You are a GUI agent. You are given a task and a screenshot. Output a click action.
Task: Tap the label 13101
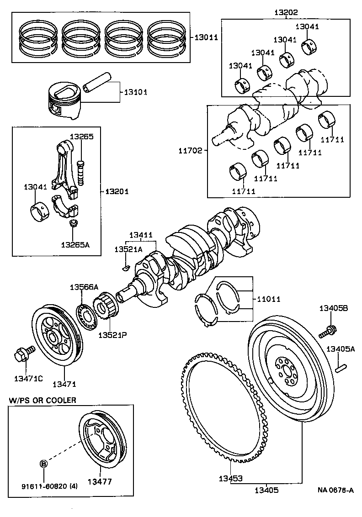135,92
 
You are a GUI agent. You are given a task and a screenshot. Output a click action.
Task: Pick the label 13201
117,191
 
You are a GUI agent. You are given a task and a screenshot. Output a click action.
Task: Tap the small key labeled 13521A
126,268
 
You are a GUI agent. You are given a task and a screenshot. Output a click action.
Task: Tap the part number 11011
269,299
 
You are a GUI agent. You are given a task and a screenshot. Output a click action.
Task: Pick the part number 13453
230,479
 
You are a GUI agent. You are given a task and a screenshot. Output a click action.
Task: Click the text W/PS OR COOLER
43,400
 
